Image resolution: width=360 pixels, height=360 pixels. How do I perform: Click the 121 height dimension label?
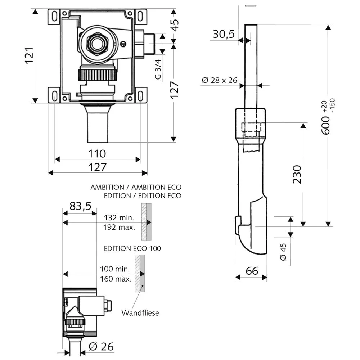point(30,55)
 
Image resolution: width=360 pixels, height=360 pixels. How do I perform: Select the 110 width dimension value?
point(97,154)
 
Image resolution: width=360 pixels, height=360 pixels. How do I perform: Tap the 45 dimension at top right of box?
point(175,25)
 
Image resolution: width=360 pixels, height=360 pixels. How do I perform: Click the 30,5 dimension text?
point(224,34)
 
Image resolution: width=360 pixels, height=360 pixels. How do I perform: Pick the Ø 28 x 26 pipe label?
point(219,80)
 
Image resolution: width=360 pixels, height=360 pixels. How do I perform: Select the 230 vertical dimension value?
point(297,174)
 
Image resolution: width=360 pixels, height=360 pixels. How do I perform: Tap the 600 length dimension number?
point(325,125)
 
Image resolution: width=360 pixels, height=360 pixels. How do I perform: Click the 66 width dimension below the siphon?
point(252,271)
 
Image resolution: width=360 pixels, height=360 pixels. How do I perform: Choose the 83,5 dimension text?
point(80,206)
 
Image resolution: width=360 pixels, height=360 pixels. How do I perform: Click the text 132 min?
point(119,217)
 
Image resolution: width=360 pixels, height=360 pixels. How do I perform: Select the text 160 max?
point(116,279)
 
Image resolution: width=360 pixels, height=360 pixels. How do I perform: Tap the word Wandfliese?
point(140,313)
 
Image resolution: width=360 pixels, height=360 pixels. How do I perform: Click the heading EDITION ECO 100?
point(132,248)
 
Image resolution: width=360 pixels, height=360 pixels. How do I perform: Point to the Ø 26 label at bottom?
point(101,347)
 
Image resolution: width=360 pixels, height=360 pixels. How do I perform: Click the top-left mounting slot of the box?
point(55,16)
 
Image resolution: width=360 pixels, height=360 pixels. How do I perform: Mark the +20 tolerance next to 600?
point(324,107)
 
